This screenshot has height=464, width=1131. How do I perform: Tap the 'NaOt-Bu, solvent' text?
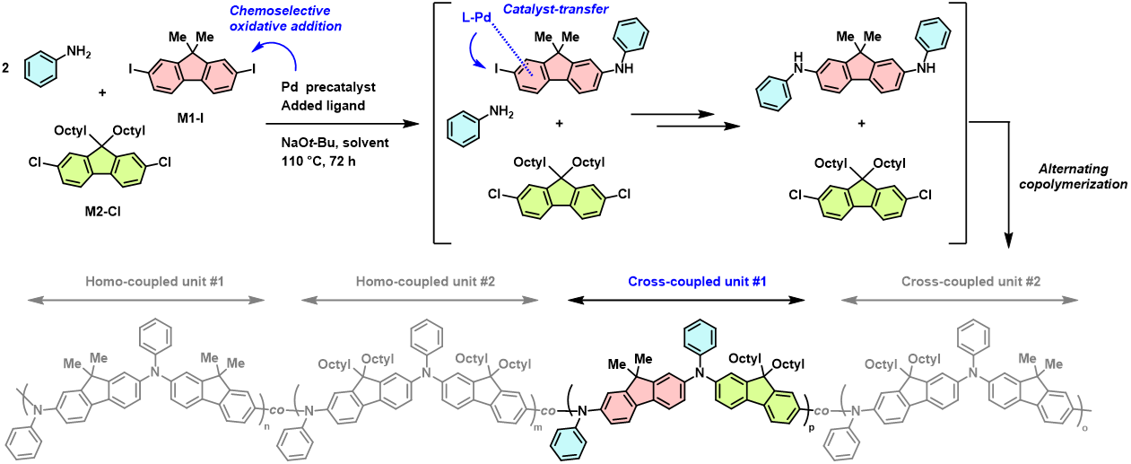327,143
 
